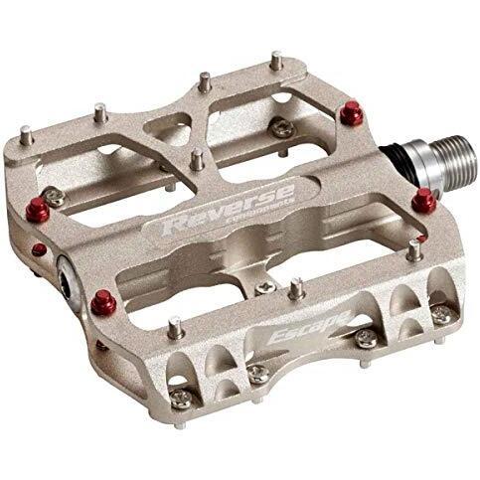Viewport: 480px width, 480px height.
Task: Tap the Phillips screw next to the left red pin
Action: click(54, 197)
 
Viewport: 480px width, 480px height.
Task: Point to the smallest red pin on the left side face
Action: click(38, 248)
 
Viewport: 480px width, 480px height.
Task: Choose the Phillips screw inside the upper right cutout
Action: click(282, 126)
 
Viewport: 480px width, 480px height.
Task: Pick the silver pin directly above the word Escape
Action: click(296, 287)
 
